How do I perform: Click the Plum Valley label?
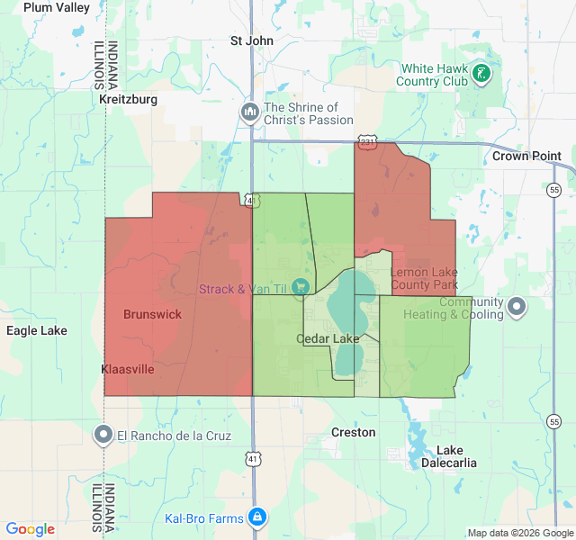pyautogui.click(x=57, y=7)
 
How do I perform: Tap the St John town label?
pyautogui.click(x=251, y=40)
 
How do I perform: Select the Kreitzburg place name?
pyautogui.click(x=129, y=98)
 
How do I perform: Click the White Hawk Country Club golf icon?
pyautogui.click(x=482, y=74)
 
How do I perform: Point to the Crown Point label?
pyautogui.click(x=526, y=156)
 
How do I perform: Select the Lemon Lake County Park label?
pyautogui.click(x=424, y=278)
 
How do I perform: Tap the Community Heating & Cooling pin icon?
pyautogui.click(x=517, y=308)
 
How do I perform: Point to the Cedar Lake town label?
pyautogui.click(x=328, y=338)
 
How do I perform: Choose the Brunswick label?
pyautogui.click(x=152, y=314)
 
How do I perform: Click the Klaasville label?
pyautogui.click(x=128, y=369)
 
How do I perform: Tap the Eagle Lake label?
pyautogui.click(x=37, y=330)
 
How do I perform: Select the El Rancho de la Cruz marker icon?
pyautogui.click(x=103, y=436)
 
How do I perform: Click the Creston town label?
pyautogui.click(x=354, y=432)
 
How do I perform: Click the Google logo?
pyautogui.click(x=31, y=529)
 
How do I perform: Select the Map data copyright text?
pyautogui.click(x=520, y=533)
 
